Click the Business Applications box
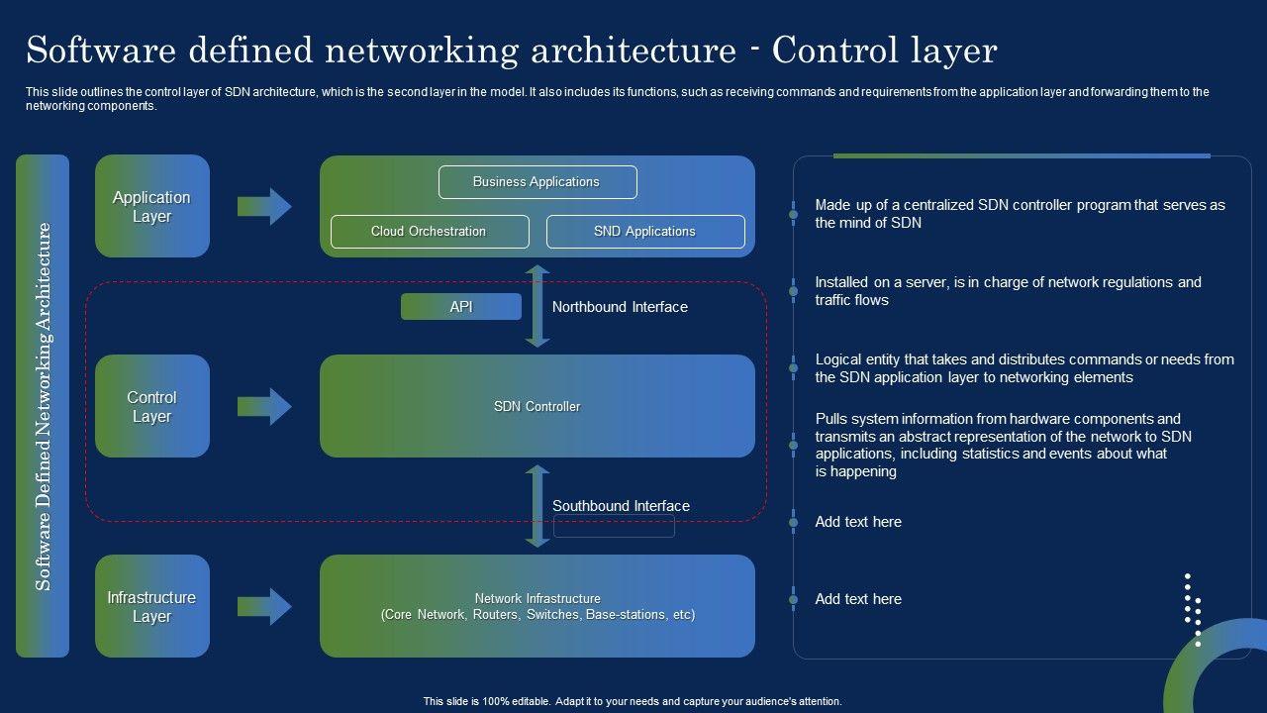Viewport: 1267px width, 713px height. click(537, 181)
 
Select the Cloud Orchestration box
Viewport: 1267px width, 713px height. click(430, 232)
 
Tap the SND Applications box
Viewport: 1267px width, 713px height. click(645, 232)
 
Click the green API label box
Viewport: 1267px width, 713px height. click(461, 307)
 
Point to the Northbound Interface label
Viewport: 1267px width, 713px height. click(620, 307)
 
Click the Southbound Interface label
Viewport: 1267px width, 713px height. click(621, 505)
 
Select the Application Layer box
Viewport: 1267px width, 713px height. click(152, 206)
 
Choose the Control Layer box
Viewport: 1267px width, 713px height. click(152, 406)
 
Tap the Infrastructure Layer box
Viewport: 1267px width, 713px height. click(152, 606)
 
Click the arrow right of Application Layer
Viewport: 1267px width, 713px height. click(264, 207)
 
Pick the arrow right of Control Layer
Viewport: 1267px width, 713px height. click(264, 406)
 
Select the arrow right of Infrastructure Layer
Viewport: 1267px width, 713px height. click(264, 607)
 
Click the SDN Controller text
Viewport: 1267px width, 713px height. click(536, 406)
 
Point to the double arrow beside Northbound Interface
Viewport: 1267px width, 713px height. click(537, 306)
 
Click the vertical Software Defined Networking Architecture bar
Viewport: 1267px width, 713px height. click(43, 406)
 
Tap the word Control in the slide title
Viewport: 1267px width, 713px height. click(834, 51)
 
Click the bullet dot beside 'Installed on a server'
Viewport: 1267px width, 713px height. click(794, 291)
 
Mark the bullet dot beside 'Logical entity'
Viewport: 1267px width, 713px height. click(794, 367)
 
